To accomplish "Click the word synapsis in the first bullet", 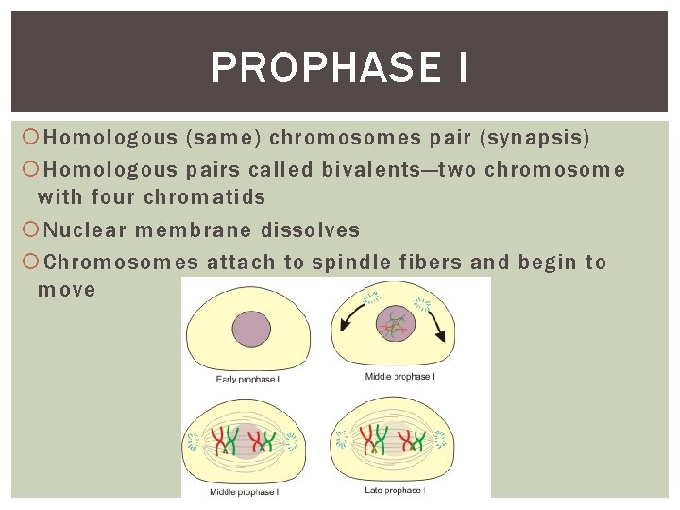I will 535,139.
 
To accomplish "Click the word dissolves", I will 313,230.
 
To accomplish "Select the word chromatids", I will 204,197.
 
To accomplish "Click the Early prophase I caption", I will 247,379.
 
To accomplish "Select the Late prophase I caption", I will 395,490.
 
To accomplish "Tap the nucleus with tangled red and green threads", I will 395,325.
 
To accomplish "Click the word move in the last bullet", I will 66,290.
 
